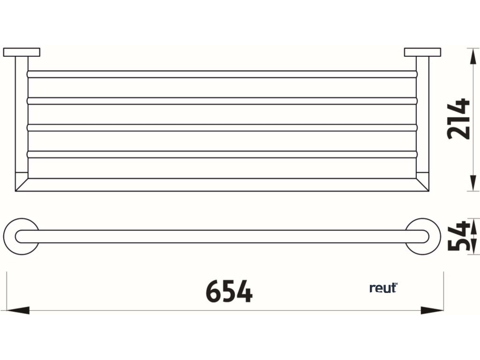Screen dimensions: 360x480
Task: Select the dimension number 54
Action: (458, 237)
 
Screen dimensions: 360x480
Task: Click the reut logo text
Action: (383, 288)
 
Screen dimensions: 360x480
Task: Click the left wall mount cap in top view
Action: (22, 52)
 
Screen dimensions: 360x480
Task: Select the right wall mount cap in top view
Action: (422, 52)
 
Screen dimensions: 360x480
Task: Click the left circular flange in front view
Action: (21, 236)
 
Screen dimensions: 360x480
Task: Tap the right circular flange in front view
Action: (423, 236)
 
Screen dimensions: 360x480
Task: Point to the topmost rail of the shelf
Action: (222, 74)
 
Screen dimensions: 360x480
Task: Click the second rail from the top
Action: (222, 101)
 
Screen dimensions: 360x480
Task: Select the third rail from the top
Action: (222, 127)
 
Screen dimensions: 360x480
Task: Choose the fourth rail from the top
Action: (222, 154)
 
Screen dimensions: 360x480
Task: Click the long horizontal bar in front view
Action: (222, 236)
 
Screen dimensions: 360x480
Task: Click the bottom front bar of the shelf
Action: (222, 185)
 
